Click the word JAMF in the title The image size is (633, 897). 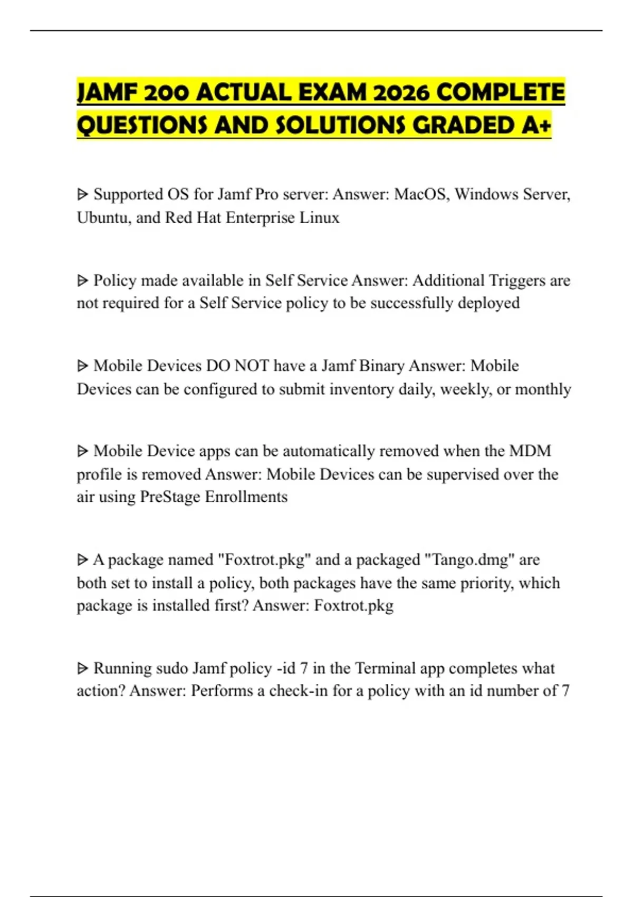point(103,93)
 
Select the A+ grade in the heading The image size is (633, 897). point(538,126)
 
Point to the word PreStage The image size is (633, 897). point(170,497)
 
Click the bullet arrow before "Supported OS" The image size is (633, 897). point(82,195)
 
